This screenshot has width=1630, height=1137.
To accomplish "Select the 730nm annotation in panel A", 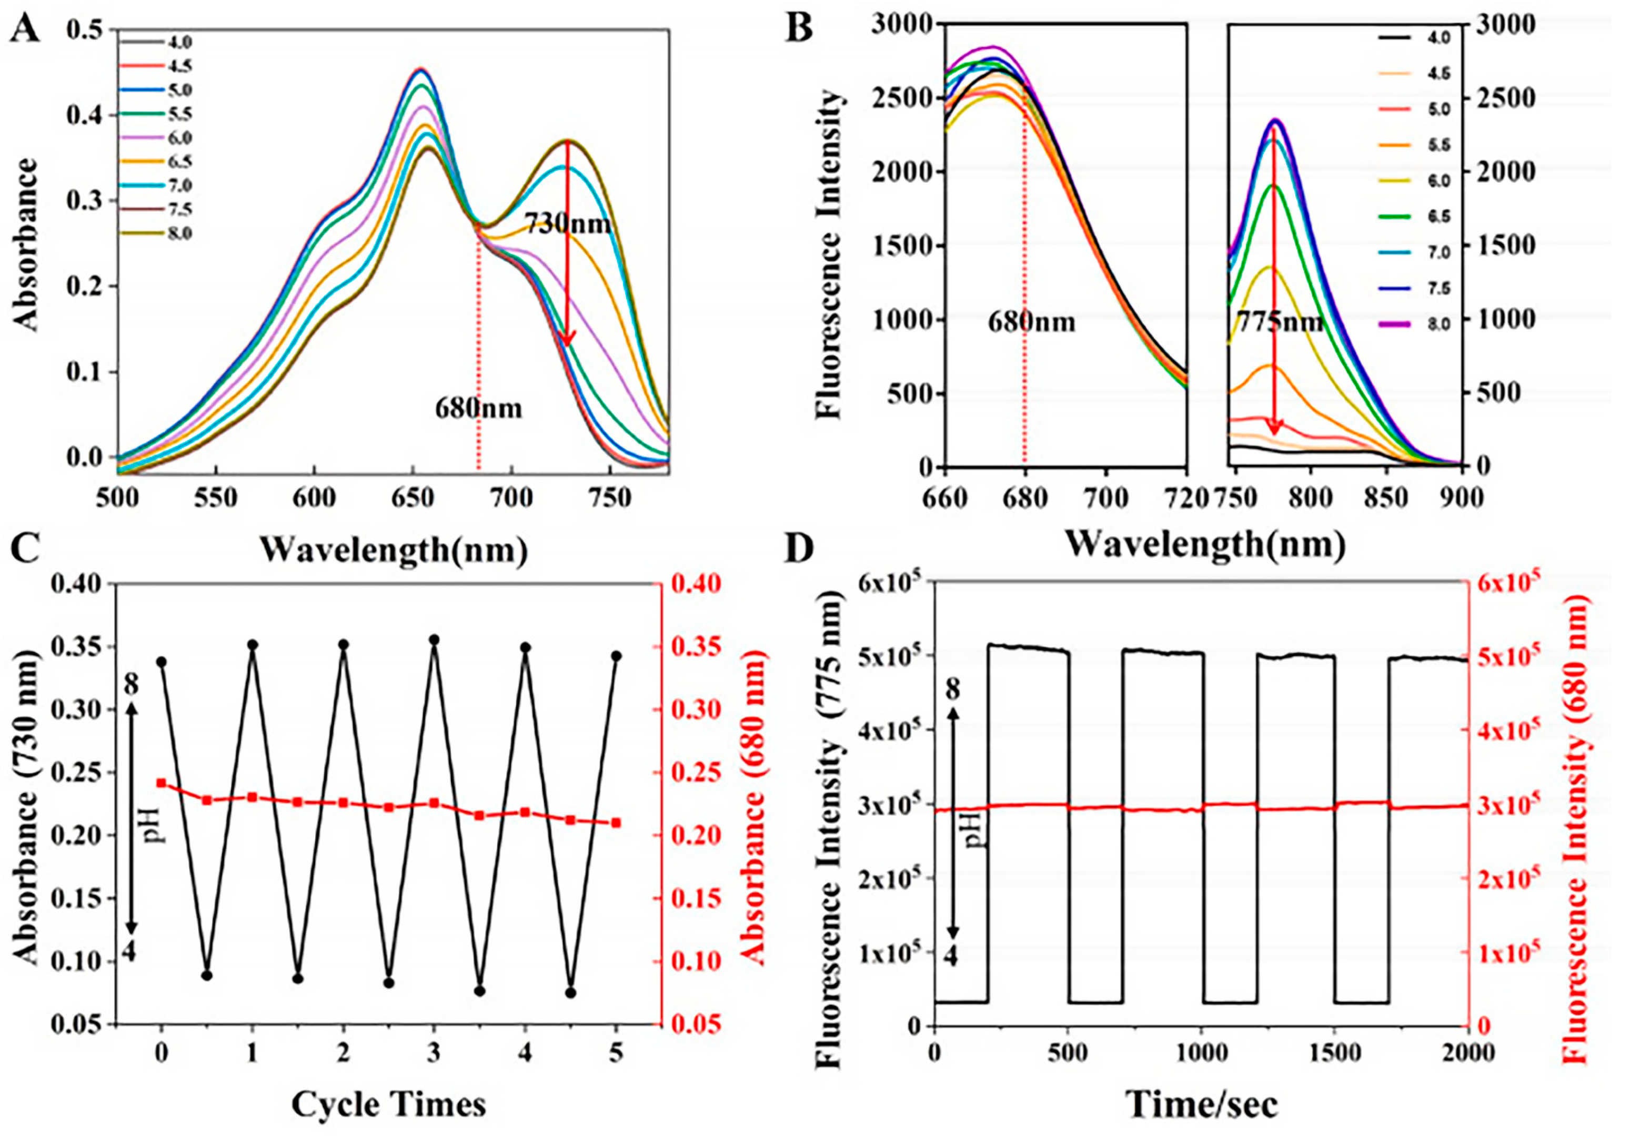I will (567, 224).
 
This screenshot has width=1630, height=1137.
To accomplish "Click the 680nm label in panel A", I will (478, 408).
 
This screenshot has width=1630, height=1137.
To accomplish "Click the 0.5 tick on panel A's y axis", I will (85, 30).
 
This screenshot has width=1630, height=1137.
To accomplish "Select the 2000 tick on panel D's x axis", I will (1467, 1052).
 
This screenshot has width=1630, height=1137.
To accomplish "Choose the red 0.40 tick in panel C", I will (693, 584).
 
